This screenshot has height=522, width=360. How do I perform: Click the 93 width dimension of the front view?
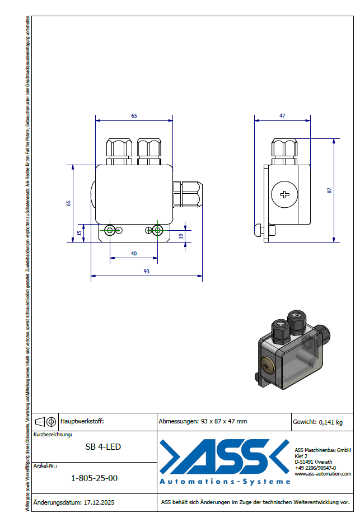click(x=146, y=271)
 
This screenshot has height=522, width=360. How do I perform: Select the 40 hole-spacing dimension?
click(x=134, y=254)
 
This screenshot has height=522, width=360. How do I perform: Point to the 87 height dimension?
click(x=330, y=190)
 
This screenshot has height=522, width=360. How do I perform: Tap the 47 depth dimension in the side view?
click(x=282, y=115)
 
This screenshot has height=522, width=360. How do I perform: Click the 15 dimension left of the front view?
click(x=80, y=232)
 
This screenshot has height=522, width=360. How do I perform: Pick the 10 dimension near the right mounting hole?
click(x=181, y=236)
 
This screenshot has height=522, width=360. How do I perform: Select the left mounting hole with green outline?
click(x=110, y=230)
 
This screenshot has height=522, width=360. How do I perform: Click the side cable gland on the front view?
click(x=188, y=194)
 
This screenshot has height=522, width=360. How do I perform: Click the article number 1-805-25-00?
click(x=95, y=478)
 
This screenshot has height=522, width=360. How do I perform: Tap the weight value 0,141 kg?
click(x=330, y=422)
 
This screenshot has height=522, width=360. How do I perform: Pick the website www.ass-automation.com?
click(x=322, y=473)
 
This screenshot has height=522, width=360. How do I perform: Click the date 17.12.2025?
click(x=99, y=503)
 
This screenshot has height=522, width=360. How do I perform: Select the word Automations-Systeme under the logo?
click(x=225, y=481)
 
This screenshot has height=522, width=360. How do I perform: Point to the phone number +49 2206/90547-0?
click(x=315, y=467)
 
